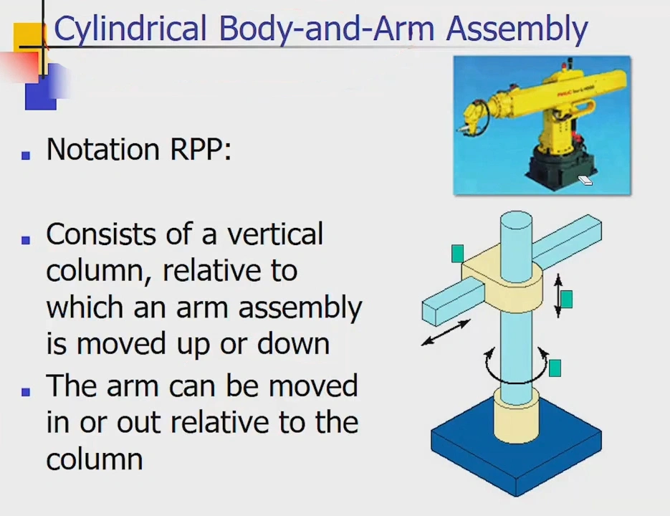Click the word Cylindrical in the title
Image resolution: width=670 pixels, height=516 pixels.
[x=130, y=28]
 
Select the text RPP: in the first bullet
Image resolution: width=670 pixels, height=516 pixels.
[x=201, y=149]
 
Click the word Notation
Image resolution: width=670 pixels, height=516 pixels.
[x=103, y=149]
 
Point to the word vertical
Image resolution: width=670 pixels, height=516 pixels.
[x=275, y=234]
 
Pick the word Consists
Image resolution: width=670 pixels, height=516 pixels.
[x=101, y=234]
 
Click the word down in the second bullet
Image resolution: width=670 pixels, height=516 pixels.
[x=294, y=343]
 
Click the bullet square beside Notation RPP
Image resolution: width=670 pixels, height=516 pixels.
[x=26, y=155]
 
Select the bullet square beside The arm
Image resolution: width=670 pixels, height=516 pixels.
[x=26, y=391]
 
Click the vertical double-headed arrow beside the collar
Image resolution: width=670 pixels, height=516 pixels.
[x=558, y=296]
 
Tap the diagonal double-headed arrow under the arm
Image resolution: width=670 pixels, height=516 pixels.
[x=446, y=333]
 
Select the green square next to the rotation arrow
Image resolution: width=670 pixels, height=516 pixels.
[x=555, y=368]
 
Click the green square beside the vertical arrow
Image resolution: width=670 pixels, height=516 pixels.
[x=566, y=300]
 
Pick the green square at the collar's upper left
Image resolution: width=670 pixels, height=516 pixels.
[x=458, y=254]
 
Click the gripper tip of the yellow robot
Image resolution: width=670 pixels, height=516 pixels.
[x=461, y=129]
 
